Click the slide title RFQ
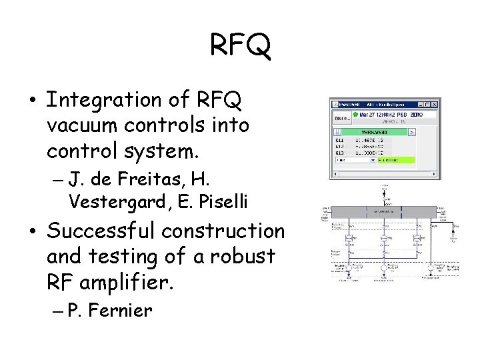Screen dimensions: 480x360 (240, 45)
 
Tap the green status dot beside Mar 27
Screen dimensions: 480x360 (355, 115)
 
